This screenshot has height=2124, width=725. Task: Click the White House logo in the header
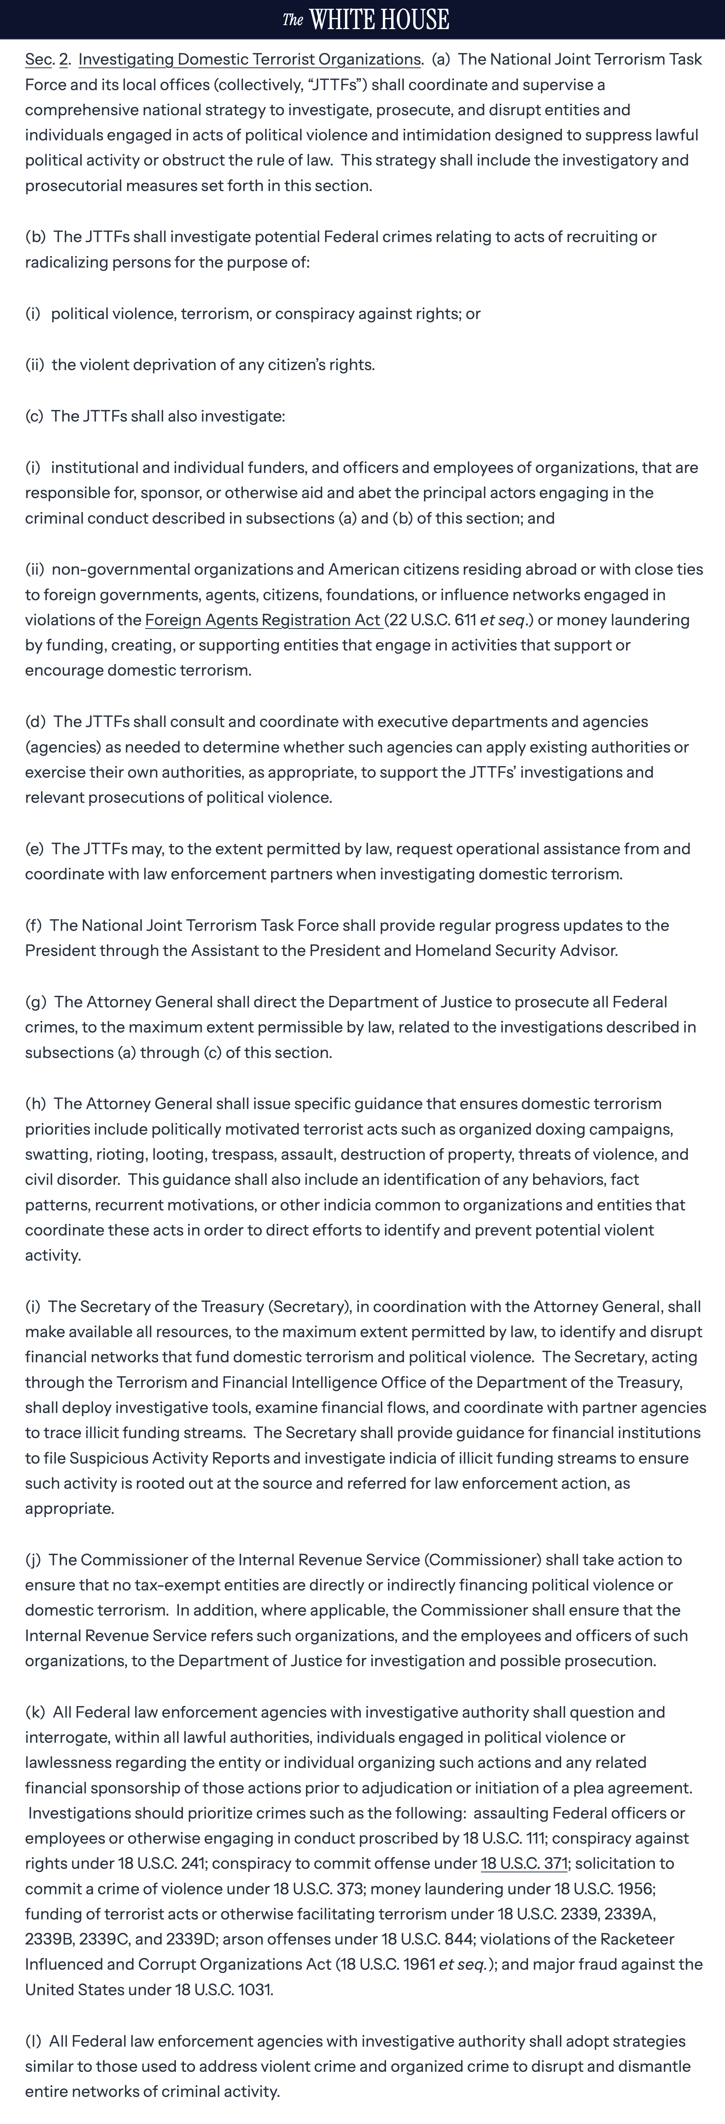(365, 19)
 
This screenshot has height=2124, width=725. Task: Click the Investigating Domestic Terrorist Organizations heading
(249, 59)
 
